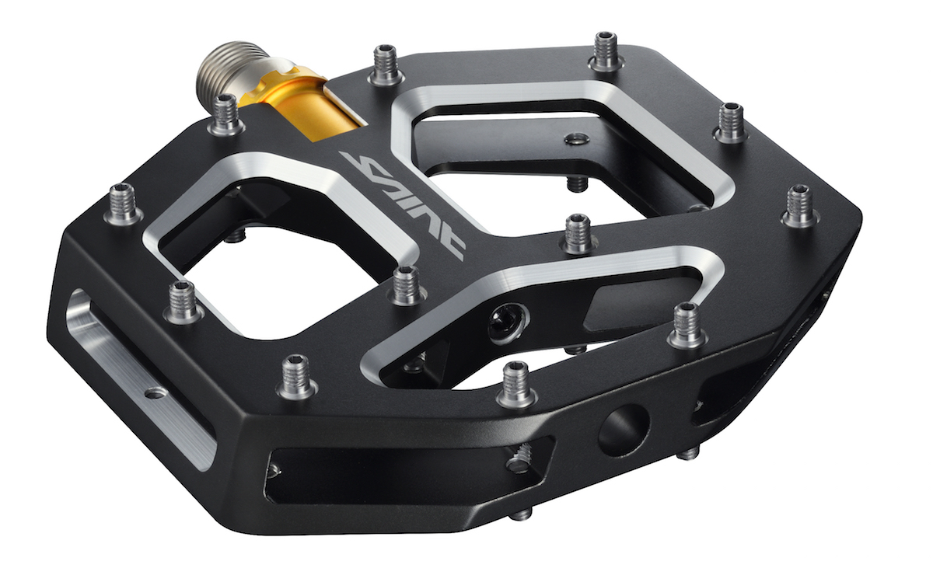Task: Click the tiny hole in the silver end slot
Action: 155,392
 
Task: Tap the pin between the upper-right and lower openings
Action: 579,234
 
